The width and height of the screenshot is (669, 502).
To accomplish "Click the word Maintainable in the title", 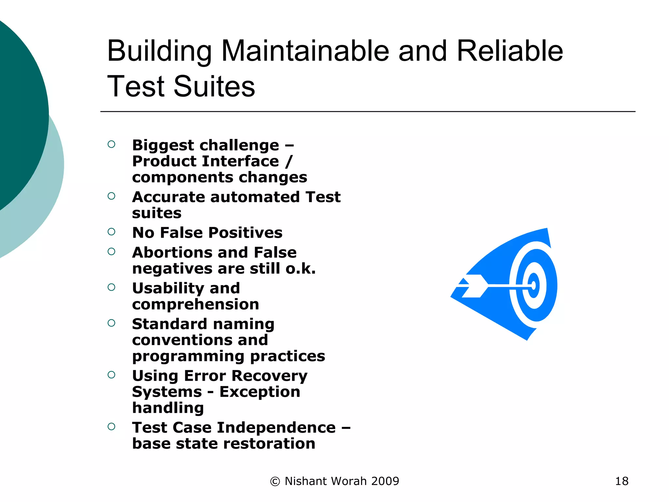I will point(305,51).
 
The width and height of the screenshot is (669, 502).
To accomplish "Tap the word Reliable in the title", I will point(510,51).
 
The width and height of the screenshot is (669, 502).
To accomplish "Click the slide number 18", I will point(622,481).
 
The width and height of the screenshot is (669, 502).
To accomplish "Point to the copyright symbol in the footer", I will point(275,481).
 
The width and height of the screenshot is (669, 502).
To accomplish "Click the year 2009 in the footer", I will point(385,481).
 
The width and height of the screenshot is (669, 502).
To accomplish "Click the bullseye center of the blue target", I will point(534,286).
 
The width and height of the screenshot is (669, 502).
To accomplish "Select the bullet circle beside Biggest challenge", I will point(111,144).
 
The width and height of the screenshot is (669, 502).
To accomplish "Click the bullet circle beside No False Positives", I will point(111,232).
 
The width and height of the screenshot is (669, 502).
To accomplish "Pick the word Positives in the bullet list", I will point(245,233).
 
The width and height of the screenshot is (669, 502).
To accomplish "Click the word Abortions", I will point(172,252).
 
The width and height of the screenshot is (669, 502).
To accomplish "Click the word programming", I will point(188,356).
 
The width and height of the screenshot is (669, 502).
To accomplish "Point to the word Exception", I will point(260,392).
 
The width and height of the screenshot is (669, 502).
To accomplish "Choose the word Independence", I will point(276,427).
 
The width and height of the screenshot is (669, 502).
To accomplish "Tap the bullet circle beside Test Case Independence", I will point(111,427).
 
